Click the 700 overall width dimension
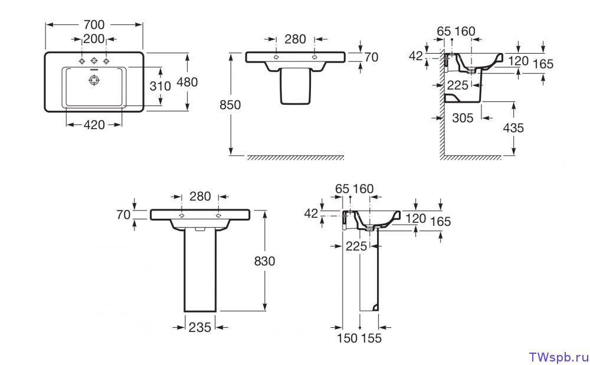click(94, 24)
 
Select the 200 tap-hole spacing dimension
click(94, 39)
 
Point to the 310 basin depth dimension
click(160, 86)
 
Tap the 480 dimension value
click(187, 83)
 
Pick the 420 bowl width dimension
click(94, 124)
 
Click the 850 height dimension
click(230, 105)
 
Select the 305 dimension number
click(463, 118)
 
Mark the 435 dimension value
click(513, 128)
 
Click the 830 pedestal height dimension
click(264, 261)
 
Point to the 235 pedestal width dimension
click(200, 327)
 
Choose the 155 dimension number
click(372, 338)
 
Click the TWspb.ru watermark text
click(559, 357)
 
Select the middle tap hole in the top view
click(94, 61)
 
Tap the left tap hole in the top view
click(82, 61)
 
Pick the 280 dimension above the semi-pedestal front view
click(295, 40)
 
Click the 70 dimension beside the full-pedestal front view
click(123, 215)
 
